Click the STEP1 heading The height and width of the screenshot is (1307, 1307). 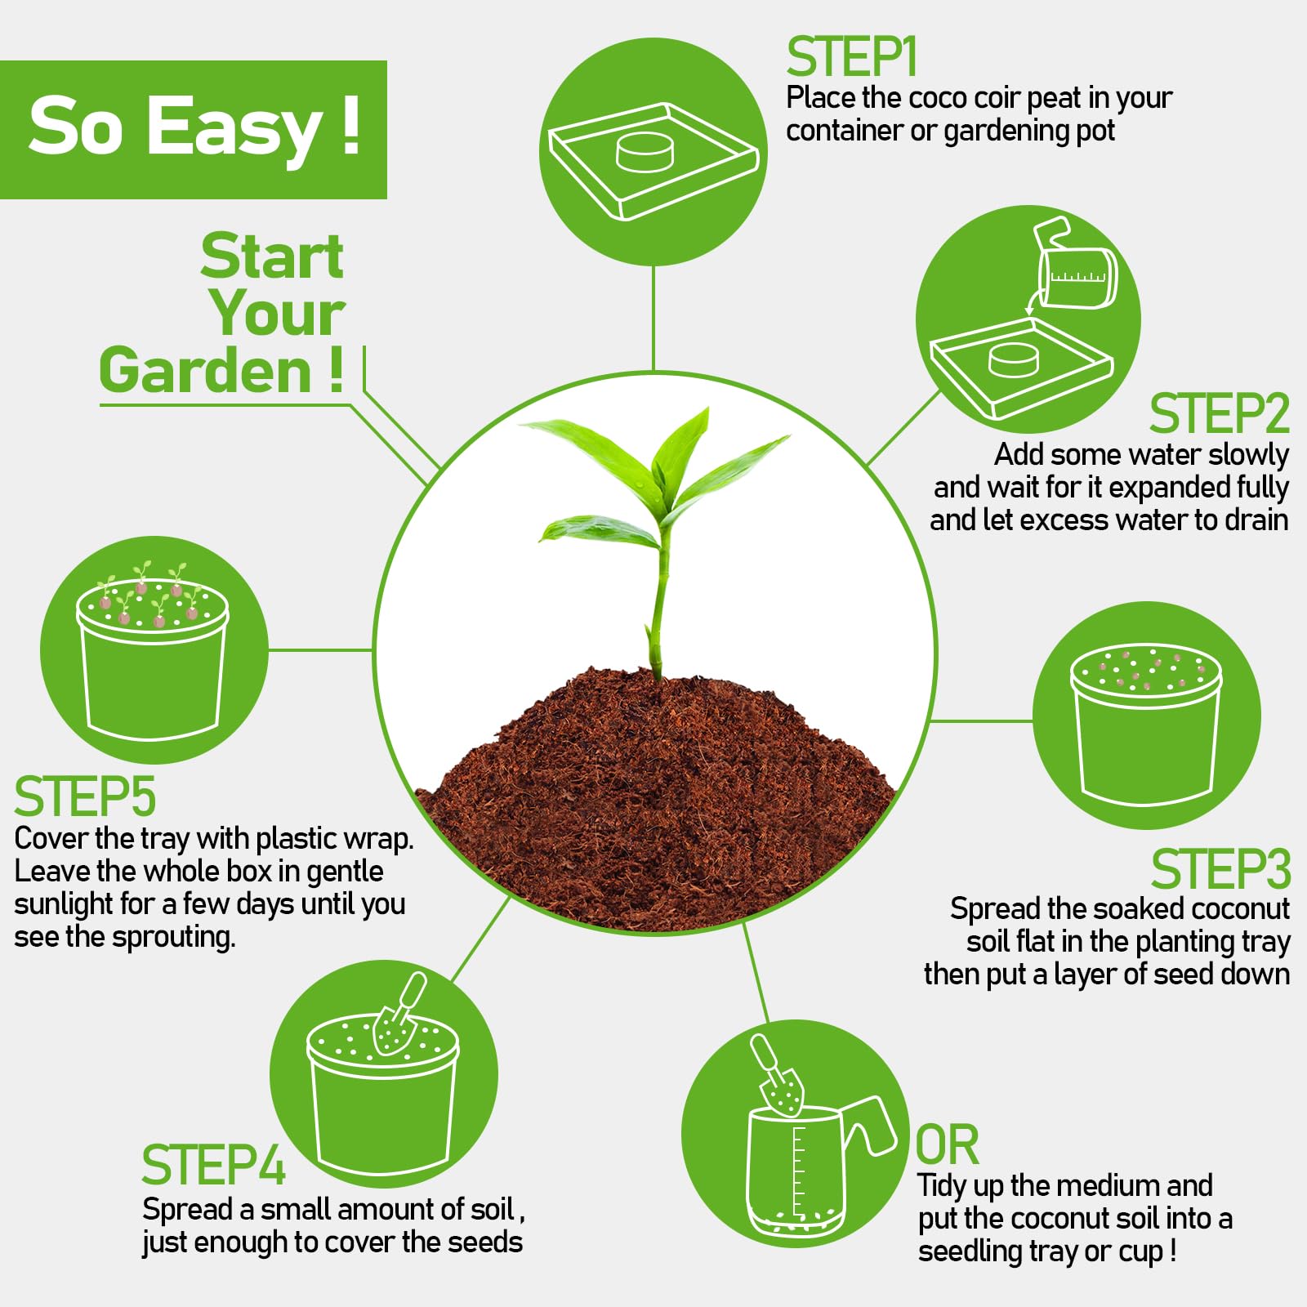click(852, 57)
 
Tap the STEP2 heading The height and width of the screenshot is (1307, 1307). click(1219, 413)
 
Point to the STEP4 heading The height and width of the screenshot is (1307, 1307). click(213, 1165)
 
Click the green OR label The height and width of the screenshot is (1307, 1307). click(947, 1144)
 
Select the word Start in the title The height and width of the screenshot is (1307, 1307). click(272, 256)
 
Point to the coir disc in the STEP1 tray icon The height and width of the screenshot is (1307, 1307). click(645, 153)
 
